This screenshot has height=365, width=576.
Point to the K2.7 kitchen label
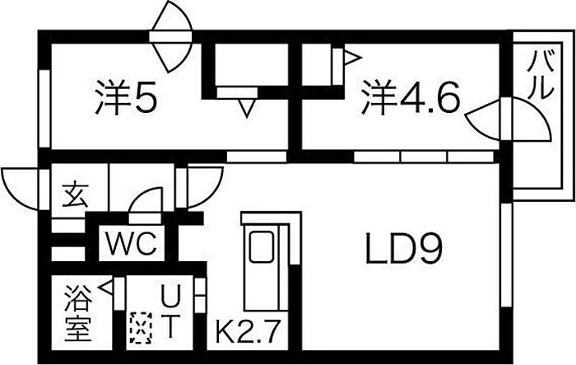pyautogui.click(x=249, y=334)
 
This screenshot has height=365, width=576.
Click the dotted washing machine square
pyautogui.click(x=141, y=330)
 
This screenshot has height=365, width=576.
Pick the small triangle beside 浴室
pyautogui.click(x=106, y=288)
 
